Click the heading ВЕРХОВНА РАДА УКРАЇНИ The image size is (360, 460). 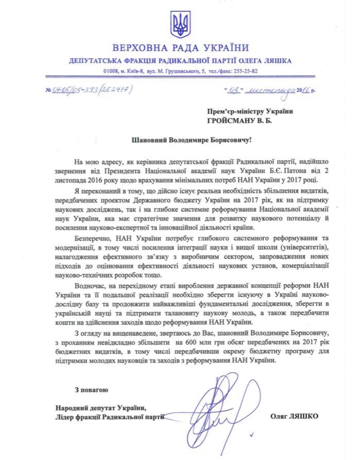[x=180, y=49]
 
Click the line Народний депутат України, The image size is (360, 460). [x=96, y=406]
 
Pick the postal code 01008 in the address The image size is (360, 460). [x=111, y=71]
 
